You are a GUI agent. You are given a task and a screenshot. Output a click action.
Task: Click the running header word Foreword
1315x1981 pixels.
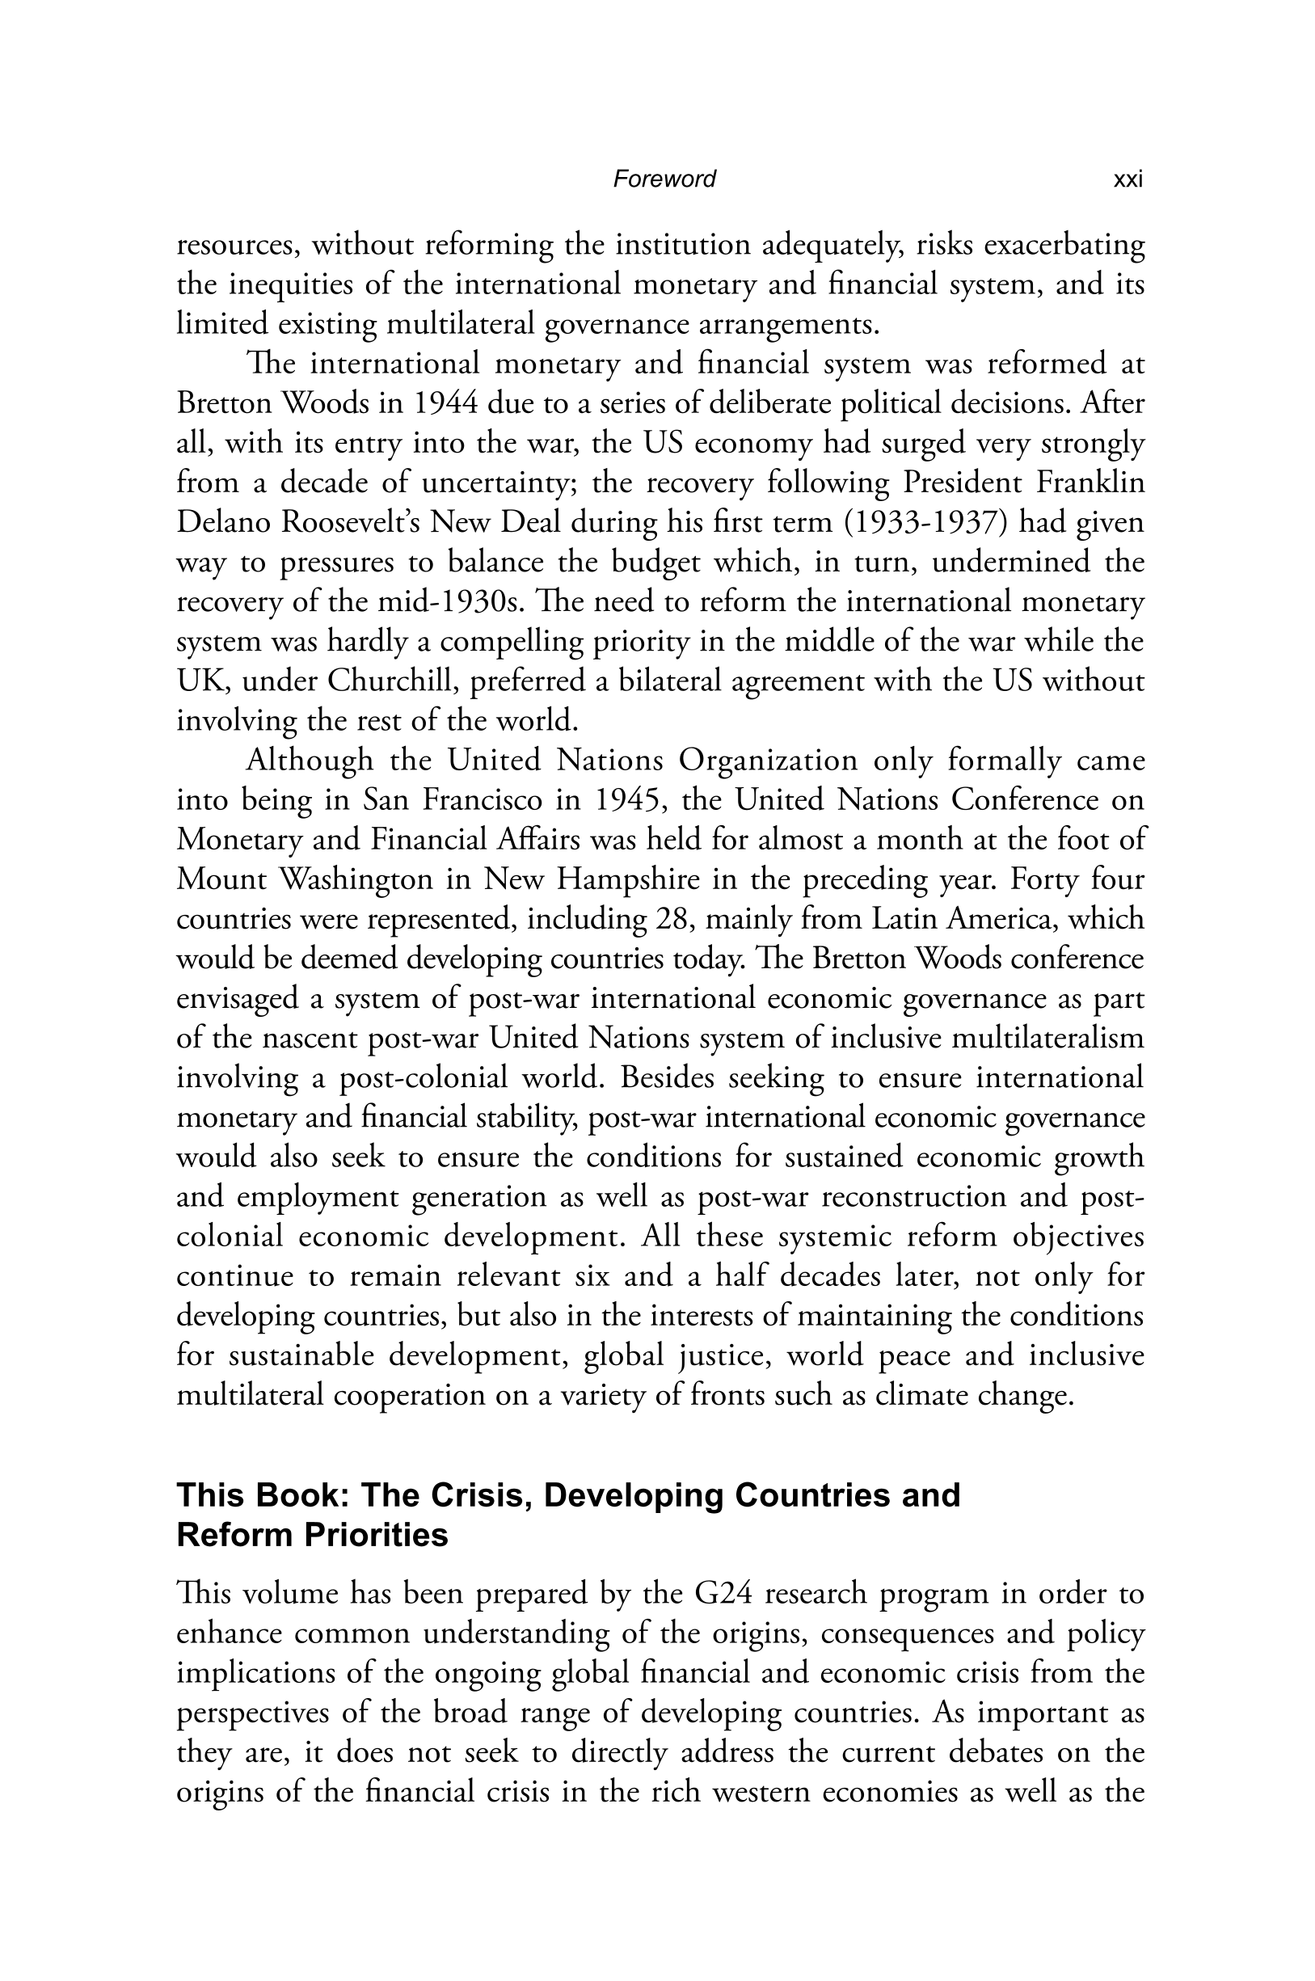tap(664, 179)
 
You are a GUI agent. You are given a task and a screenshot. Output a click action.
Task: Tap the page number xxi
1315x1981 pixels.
tap(1127, 179)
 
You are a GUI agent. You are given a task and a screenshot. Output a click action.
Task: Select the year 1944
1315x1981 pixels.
tap(445, 403)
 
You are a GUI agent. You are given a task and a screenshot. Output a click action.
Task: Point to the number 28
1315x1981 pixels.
tap(674, 919)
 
